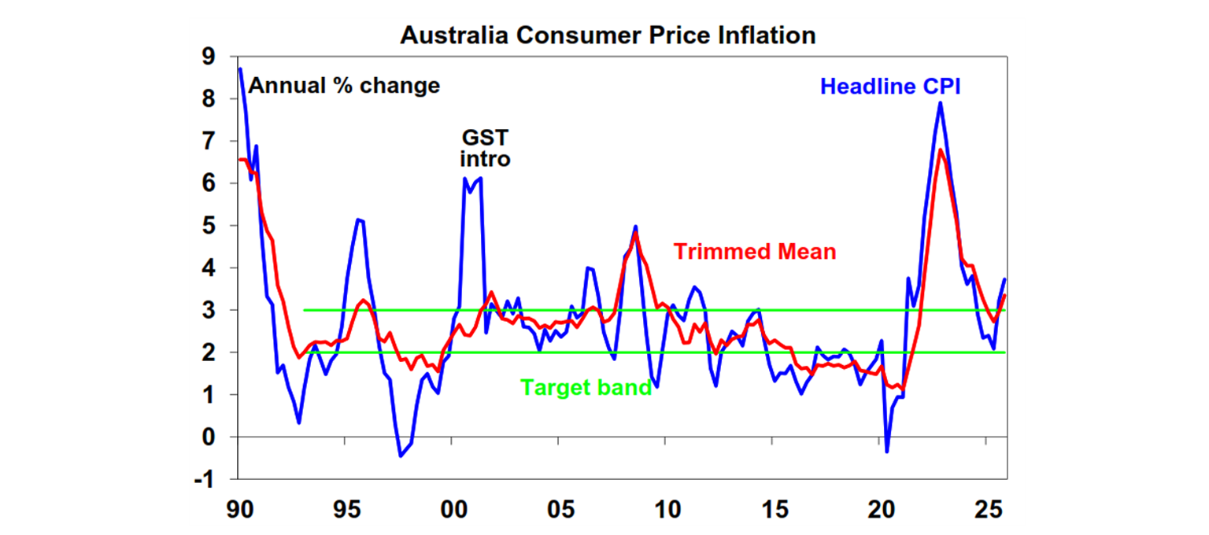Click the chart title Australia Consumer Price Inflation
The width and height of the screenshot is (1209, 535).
pos(608,35)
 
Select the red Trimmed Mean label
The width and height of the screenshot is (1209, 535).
pos(755,252)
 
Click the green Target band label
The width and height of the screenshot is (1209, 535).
pos(586,388)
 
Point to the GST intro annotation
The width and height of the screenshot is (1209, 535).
pos(484,148)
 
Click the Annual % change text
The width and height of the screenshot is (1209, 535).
pos(345,86)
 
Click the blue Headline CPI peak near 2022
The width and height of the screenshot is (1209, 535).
pos(940,103)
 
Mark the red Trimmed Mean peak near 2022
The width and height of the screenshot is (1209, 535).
pos(940,150)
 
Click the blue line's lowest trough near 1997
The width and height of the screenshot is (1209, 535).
pos(400,456)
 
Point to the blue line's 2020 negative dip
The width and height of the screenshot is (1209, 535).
pos(887,451)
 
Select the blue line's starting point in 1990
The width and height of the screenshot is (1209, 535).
pos(239,69)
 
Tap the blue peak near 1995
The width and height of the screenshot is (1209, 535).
pos(358,220)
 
